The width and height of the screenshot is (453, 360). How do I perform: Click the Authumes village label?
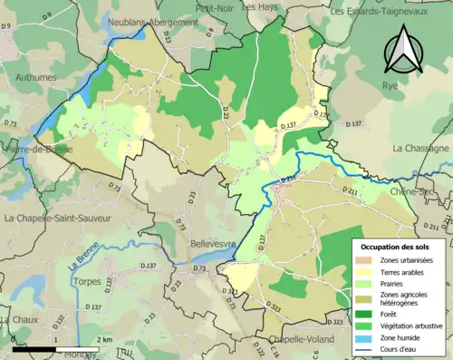coord(29,78)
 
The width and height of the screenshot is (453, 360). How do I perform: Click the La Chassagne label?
coord(420,148)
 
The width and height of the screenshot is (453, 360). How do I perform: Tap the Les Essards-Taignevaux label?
coord(390,12)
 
